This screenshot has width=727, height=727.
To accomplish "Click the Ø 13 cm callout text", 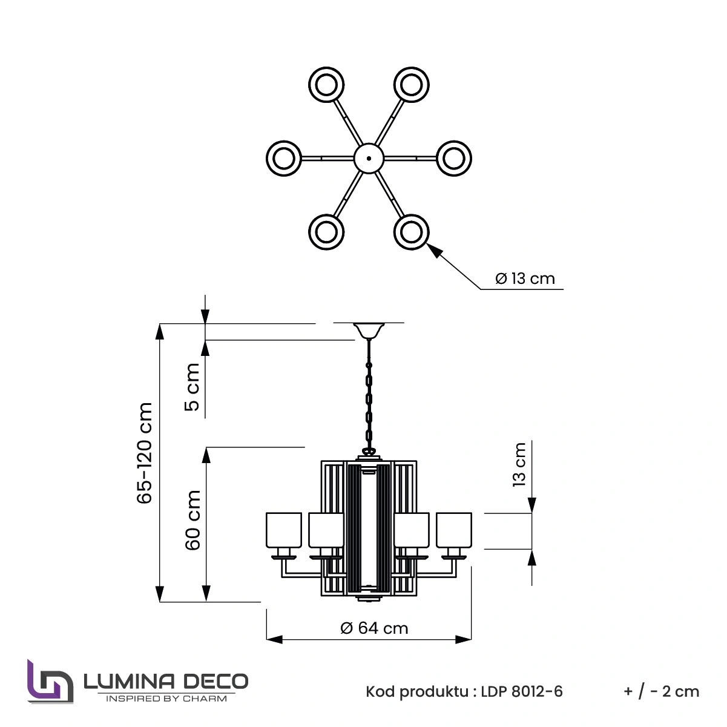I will pyautogui.click(x=524, y=278).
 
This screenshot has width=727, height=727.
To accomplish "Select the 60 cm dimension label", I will pyautogui.click(x=192, y=520).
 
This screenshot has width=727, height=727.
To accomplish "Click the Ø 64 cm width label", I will pyautogui.click(x=374, y=628).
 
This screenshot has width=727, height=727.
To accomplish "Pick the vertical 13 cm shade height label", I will pyautogui.click(x=519, y=464).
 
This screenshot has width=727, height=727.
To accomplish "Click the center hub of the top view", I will pyautogui.click(x=369, y=158).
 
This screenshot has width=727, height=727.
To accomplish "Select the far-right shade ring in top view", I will pyautogui.click(x=454, y=158).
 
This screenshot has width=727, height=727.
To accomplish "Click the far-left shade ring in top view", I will pyautogui.click(x=283, y=158).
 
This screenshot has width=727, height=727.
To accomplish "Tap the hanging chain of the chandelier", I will pyautogui.click(x=369, y=393).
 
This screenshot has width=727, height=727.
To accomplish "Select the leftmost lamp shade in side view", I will pyautogui.click(x=283, y=530).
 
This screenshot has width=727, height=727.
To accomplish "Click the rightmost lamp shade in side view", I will pyautogui.click(x=453, y=530).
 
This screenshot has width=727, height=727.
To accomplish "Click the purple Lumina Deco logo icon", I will pyautogui.click(x=50, y=682).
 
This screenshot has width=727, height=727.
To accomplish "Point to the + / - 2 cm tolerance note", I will pyautogui.click(x=660, y=691).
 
